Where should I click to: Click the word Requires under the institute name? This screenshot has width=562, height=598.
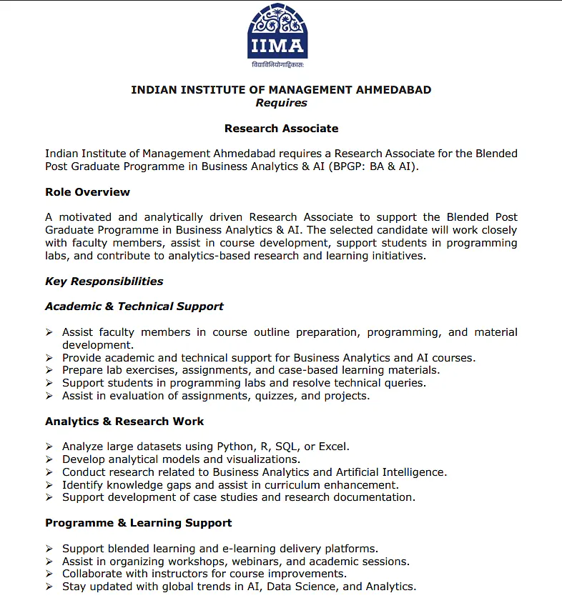[x=281, y=103]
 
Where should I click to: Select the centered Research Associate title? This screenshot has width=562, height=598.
[x=281, y=129]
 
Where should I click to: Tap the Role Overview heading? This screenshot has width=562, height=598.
[x=87, y=192]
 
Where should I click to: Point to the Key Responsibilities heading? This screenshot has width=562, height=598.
[x=104, y=281]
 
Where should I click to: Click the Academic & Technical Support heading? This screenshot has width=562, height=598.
[x=134, y=307]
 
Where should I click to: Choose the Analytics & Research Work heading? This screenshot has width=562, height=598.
[x=124, y=422]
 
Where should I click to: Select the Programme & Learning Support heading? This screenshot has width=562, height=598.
[x=138, y=523]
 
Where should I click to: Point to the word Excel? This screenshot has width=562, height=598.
[x=332, y=447]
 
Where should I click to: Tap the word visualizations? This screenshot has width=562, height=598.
[x=257, y=459]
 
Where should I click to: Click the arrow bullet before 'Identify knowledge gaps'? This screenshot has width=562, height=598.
[x=49, y=485]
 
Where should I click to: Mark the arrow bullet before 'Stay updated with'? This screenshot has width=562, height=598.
[x=49, y=587]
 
